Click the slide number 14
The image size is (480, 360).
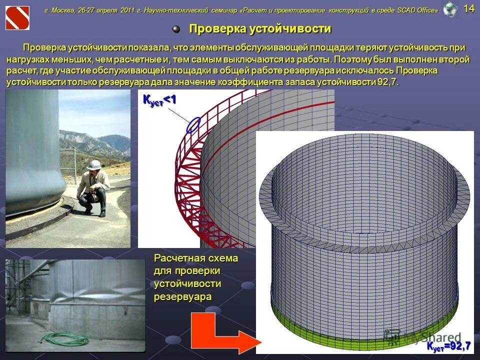(x=469, y=8)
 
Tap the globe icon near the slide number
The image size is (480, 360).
(x=450, y=9)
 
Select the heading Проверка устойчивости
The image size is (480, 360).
(x=259, y=29)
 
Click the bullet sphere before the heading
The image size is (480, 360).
(x=176, y=29)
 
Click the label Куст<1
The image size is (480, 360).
(x=159, y=100)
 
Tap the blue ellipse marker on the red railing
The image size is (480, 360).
(x=193, y=125)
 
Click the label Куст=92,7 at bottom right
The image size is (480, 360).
(x=448, y=346)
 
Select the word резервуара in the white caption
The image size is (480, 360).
(x=182, y=296)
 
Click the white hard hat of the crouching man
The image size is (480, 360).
(x=93, y=165)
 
